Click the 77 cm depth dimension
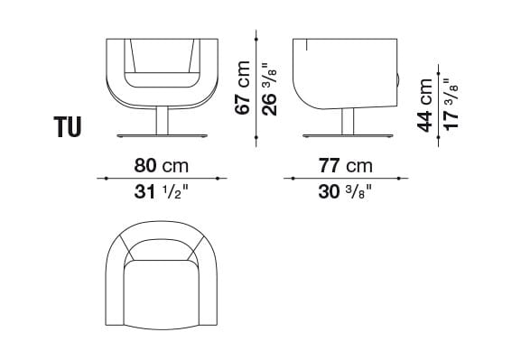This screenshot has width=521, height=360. click(344, 165)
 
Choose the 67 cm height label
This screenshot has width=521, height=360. click(242, 88)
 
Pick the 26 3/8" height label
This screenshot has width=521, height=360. click(268, 88)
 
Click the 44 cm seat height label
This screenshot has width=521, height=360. click(425, 104)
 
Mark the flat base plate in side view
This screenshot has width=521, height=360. click(346, 136)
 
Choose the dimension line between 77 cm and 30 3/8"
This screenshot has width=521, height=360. click(344, 178)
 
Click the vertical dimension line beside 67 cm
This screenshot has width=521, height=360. click(256, 88)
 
